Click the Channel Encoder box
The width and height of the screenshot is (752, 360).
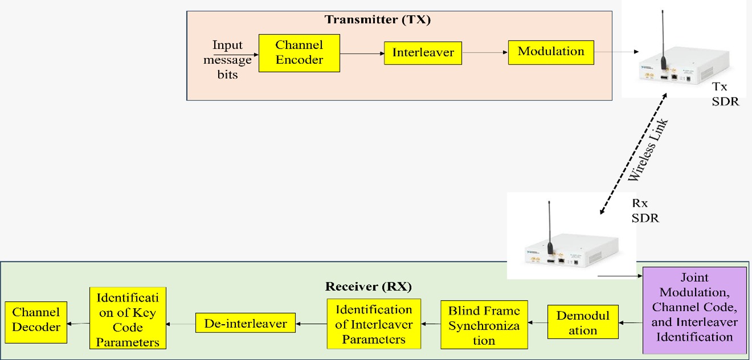tap(299, 52)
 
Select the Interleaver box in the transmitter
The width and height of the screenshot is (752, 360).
tap(423, 53)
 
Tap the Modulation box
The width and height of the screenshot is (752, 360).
tap(551, 52)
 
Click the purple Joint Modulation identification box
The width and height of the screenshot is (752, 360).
tap(694, 308)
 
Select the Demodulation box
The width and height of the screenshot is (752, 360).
tap(583, 323)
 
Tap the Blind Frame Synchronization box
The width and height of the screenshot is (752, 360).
tap(484, 324)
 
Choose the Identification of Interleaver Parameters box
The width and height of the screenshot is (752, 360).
tap(374, 324)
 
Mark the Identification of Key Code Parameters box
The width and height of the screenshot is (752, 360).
tap(128, 318)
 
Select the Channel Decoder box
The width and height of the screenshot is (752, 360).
tap(36, 320)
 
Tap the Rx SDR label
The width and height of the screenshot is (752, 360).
tap(645, 211)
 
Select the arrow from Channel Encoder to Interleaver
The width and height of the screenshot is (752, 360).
tap(362, 54)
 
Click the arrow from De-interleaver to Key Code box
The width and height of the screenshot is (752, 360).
tap(180, 324)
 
